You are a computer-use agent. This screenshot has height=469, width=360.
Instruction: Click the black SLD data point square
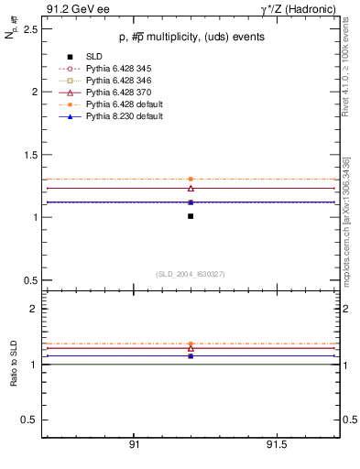pyautogui.click(x=191, y=216)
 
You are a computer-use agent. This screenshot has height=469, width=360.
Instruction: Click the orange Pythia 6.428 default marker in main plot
pyautogui.click(x=191, y=179)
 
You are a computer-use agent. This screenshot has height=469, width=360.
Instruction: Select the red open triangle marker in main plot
pyautogui.click(x=191, y=188)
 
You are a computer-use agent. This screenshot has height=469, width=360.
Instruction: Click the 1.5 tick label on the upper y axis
pyautogui.click(x=30, y=155)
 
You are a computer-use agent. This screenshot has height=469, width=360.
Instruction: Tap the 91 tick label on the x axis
pyautogui.click(x=135, y=445)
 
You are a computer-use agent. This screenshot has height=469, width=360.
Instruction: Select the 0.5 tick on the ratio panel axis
pyautogui.click(x=30, y=420)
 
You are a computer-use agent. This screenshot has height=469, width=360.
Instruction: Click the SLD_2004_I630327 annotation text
pyautogui.click(x=190, y=274)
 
